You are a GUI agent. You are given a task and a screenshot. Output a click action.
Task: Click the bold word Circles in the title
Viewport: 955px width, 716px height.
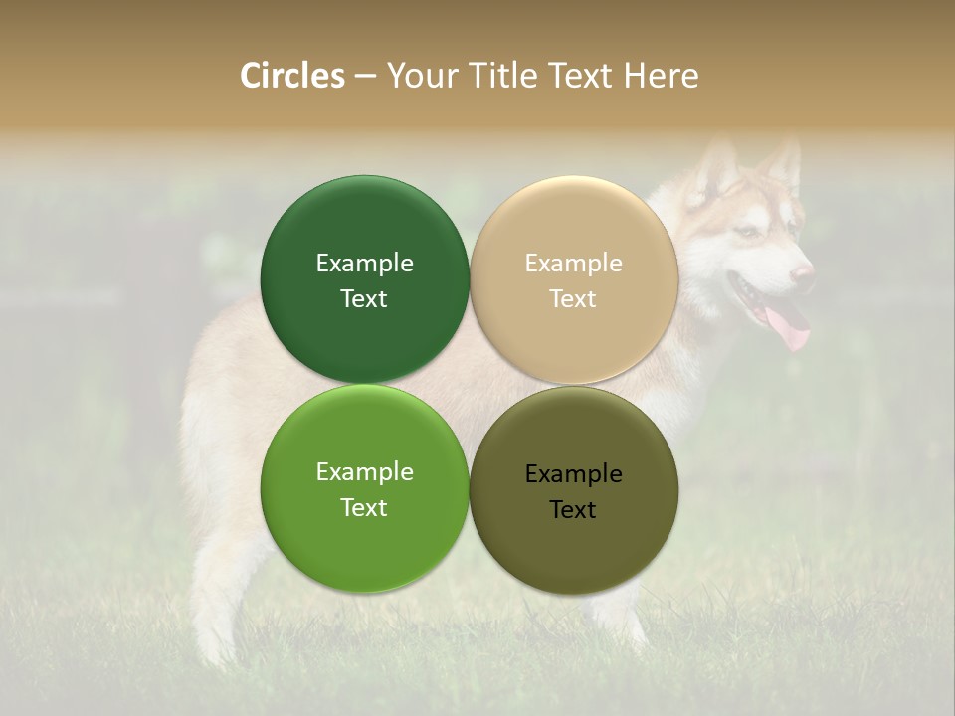[x=292, y=76]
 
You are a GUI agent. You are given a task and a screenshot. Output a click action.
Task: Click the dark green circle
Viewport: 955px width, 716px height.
[x=364, y=229]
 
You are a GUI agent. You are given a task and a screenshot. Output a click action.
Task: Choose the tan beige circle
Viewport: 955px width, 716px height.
[x=574, y=229]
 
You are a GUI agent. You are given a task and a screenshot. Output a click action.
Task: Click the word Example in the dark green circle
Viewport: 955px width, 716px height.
[x=364, y=263]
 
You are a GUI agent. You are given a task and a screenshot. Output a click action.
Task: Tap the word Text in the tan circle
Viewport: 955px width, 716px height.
[x=573, y=298]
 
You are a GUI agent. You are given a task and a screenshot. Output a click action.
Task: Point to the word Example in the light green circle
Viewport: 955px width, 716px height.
[x=364, y=471]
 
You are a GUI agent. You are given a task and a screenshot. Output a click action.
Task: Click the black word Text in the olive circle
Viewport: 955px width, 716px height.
[x=573, y=509]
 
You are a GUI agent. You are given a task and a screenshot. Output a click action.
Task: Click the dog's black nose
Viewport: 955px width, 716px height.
[x=804, y=272]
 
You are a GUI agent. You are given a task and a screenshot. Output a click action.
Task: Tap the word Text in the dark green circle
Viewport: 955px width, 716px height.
[x=364, y=298]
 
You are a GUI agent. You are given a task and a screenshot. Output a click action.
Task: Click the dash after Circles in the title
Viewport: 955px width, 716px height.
[x=365, y=77]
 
